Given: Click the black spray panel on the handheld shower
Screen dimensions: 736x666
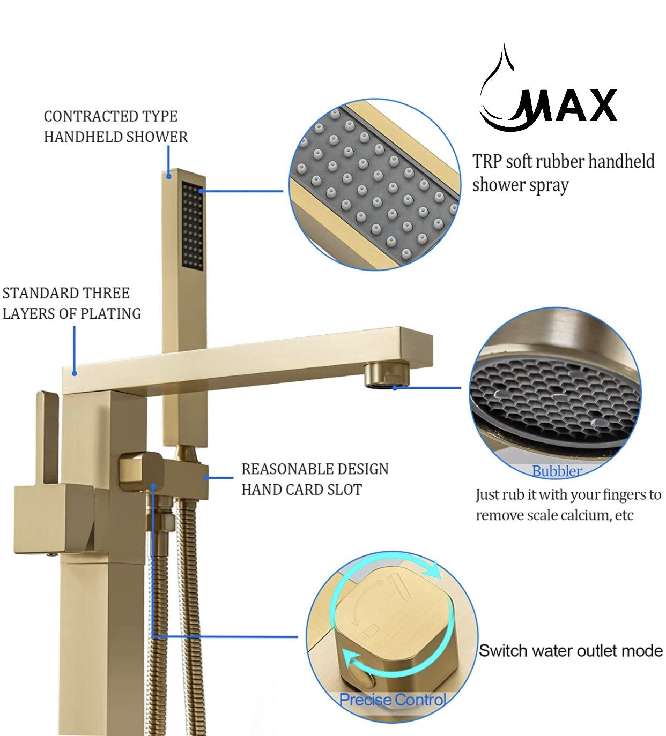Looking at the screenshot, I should click(x=193, y=226).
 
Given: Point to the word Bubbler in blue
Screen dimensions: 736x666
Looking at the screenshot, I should click(x=557, y=471).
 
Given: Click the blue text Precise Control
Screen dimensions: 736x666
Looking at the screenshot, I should click(x=393, y=700).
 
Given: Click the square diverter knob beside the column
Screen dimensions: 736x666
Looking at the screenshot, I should click(x=139, y=470).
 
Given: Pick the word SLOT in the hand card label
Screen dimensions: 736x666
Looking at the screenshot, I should click(x=343, y=490).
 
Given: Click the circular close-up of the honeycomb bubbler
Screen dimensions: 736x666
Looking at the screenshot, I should click(x=554, y=394).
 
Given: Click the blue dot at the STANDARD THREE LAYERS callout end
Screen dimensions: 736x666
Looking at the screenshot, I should click(x=75, y=373).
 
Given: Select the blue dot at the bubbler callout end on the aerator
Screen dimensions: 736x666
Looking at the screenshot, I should click(x=395, y=387).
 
